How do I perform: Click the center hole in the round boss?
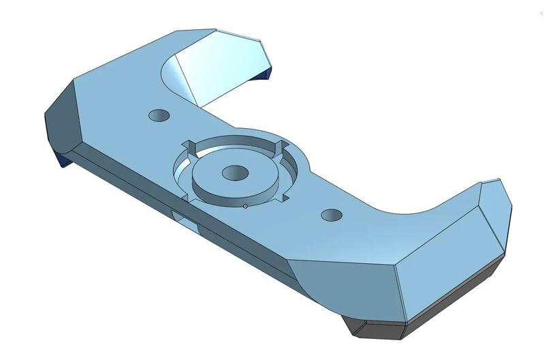coord(234,173)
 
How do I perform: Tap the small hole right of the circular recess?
coord(332,215)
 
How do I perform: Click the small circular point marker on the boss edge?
coord(245,206)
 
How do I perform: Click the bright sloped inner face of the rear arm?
coord(218,68)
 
